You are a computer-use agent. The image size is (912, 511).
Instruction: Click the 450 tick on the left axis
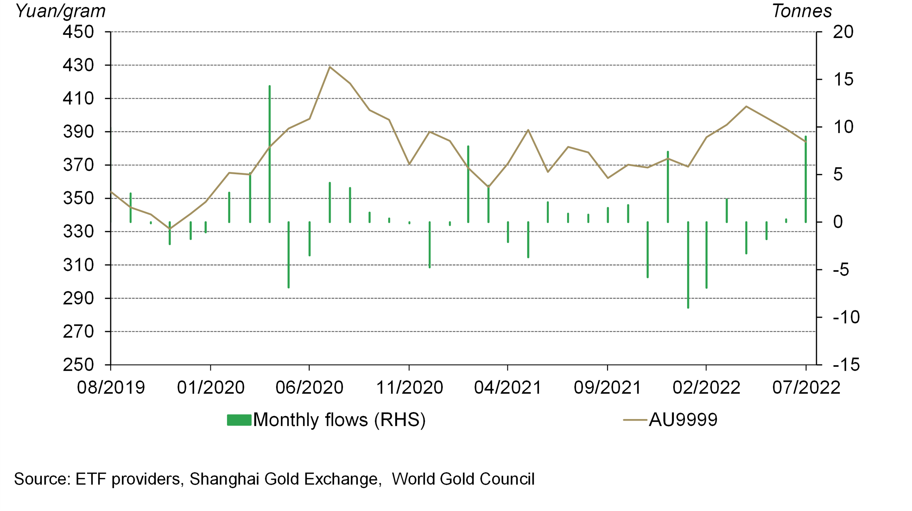(x=78, y=32)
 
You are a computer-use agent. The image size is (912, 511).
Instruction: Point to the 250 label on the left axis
(x=78, y=365)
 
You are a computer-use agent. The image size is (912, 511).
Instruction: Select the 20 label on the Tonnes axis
(x=843, y=32)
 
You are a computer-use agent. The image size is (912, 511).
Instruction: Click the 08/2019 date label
(x=111, y=387)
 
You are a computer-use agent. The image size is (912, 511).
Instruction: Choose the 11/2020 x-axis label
(x=409, y=387)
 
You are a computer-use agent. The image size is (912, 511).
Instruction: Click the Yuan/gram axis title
(x=61, y=11)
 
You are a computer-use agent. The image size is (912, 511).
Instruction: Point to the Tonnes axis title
(x=801, y=11)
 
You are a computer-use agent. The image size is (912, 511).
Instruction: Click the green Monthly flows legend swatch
(x=239, y=420)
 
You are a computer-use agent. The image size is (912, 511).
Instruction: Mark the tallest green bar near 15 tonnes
(x=269, y=154)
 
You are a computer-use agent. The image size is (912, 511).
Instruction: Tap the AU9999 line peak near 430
(x=330, y=67)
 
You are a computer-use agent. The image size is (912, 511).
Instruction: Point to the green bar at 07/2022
(x=806, y=179)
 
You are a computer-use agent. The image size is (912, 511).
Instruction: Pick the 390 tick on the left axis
(x=78, y=132)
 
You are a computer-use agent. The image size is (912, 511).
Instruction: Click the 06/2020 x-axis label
(x=309, y=387)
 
